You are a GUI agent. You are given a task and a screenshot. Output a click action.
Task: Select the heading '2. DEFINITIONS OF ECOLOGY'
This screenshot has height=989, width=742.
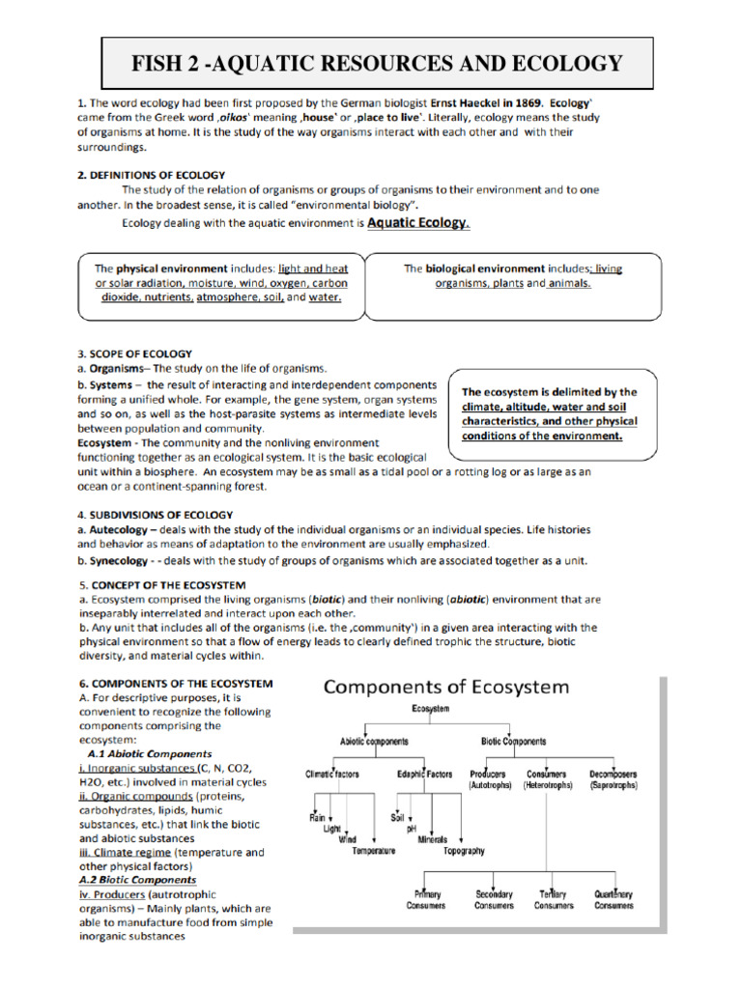[x=151, y=175]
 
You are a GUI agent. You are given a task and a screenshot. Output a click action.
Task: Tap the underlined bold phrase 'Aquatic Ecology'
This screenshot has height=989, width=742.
[x=416, y=223]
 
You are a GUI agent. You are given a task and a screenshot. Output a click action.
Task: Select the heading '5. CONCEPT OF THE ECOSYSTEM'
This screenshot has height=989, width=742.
[x=161, y=585]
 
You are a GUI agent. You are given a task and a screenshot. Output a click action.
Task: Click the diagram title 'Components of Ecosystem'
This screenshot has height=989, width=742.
[x=445, y=688]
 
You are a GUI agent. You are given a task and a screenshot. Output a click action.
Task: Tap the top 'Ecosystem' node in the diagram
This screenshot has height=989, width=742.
[x=430, y=710]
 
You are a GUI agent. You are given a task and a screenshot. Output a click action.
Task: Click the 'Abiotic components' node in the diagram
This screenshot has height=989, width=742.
[x=374, y=742]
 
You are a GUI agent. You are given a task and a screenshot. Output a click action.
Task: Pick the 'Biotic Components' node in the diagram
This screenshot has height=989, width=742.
[x=513, y=742]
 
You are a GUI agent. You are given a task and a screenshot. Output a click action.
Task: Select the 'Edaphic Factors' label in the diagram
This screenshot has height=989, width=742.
[x=424, y=775]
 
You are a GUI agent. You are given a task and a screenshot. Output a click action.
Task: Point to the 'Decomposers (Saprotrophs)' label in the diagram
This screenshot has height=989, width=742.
[x=614, y=780]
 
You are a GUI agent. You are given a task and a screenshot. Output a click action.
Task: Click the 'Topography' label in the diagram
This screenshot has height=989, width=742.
[x=464, y=852]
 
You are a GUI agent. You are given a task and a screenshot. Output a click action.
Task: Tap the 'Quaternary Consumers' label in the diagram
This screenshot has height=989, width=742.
[x=614, y=900]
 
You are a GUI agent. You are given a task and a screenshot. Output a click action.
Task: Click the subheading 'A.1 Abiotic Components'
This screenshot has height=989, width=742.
[x=149, y=753]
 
